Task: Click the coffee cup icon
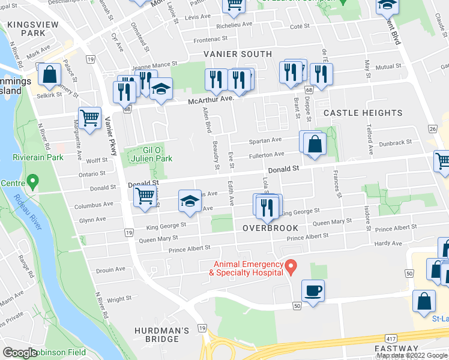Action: [x=313, y=292]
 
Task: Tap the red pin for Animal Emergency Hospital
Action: [x=291, y=265]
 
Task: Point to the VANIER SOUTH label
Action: [x=237, y=54]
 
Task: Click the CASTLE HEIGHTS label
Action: [x=363, y=113]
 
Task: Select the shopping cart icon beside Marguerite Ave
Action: [x=89, y=117]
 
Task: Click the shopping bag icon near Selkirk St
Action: [x=50, y=75]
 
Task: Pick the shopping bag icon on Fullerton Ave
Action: [x=314, y=144]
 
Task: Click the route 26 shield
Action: [x=432, y=128]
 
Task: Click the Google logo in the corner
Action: [x=20, y=353]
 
